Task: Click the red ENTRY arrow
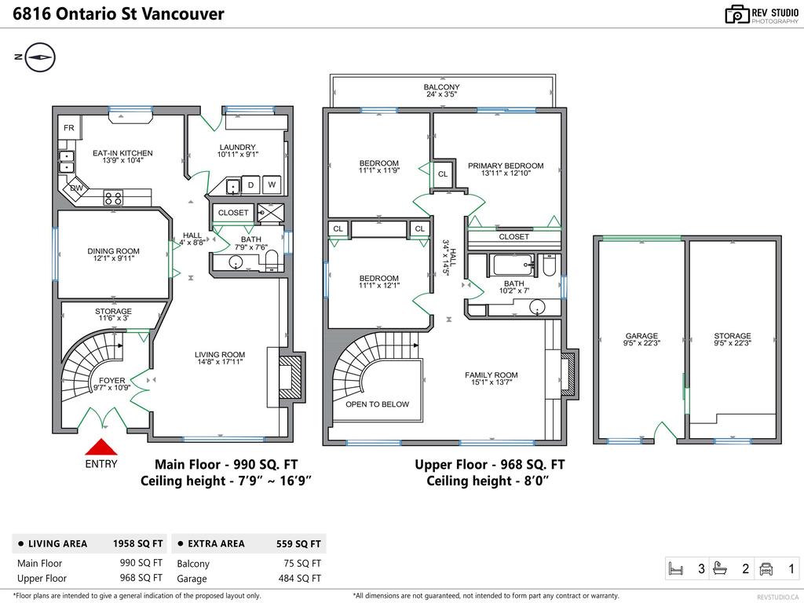(x=101, y=448)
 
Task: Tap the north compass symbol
(x=40, y=57)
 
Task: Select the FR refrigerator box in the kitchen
(x=69, y=128)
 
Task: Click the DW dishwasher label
(x=76, y=188)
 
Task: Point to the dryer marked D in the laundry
(x=250, y=185)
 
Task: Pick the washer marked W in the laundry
(x=272, y=185)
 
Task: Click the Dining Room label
(x=113, y=251)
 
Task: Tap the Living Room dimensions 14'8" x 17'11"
(x=220, y=361)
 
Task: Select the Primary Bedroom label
(x=506, y=166)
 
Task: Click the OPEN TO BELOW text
(x=378, y=404)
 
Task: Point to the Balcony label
(x=441, y=87)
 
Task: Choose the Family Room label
(x=492, y=375)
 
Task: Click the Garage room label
(x=641, y=336)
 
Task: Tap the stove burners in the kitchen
(x=113, y=197)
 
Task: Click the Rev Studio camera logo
(x=736, y=14)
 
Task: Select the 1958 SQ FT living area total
(x=138, y=543)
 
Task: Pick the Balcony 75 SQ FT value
(x=302, y=564)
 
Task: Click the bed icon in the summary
(x=676, y=568)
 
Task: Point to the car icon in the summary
(x=766, y=568)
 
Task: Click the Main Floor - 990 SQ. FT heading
(x=226, y=465)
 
